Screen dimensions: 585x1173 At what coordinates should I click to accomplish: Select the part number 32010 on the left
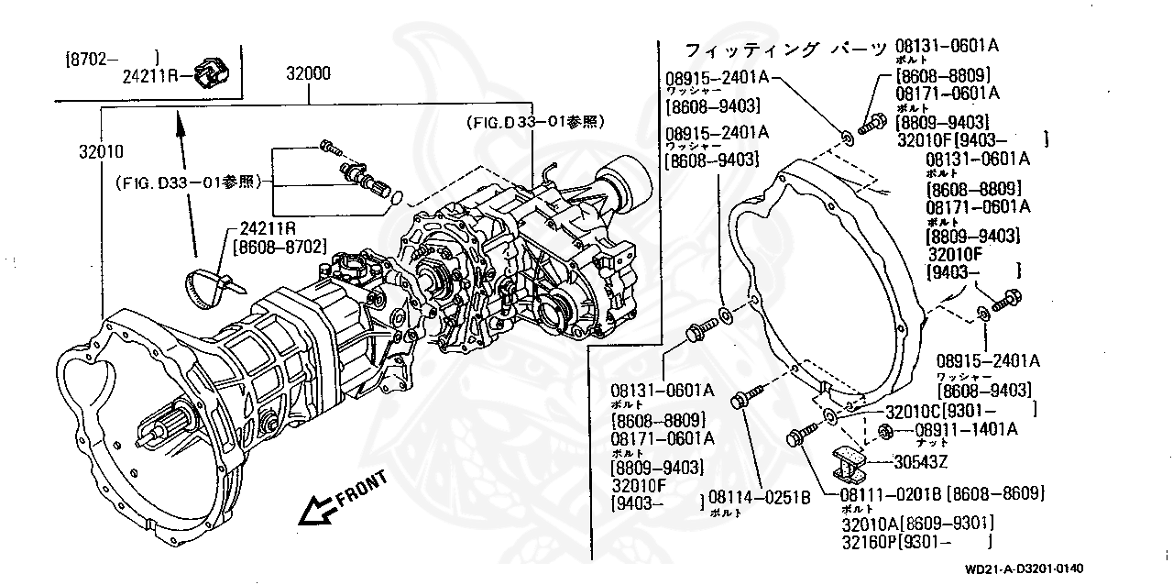(x=101, y=150)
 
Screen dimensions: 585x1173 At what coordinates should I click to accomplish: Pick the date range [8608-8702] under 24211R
(x=280, y=246)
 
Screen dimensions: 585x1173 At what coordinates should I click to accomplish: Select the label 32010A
(x=870, y=523)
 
